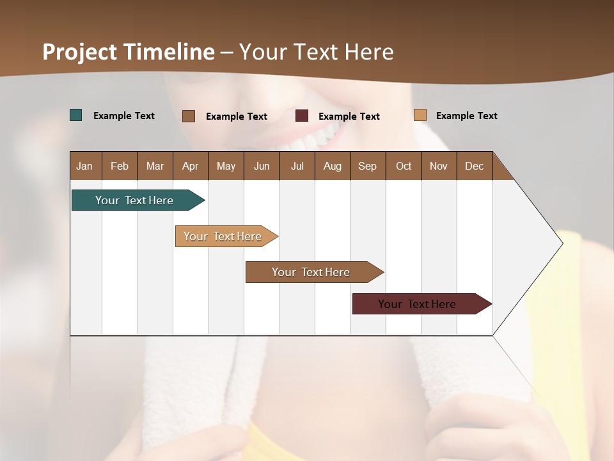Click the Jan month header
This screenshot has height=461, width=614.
coord(85,166)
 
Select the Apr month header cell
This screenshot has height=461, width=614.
coord(190,166)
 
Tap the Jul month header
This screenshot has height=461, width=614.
coord(297,166)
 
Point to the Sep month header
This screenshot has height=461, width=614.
coord(367,166)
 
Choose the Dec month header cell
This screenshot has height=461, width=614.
coord(474,166)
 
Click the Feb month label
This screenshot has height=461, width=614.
coord(120,166)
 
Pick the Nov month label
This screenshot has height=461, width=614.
coord(439,166)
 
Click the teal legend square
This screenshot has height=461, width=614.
coord(76,115)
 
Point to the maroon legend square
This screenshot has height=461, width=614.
coord(302,116)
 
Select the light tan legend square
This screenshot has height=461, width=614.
coord(420,115)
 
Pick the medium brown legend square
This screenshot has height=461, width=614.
coord(189,116)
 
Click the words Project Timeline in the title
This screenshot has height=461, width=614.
coord(129,52)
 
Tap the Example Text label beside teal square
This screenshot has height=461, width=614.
coord(124,116)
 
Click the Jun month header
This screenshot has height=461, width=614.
coord(262,166)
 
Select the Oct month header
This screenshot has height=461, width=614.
coord(404,166)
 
